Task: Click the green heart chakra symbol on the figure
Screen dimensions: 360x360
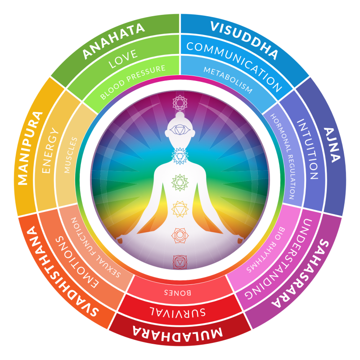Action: coord(180,182)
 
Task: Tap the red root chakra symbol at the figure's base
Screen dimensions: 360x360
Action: coord(180,261)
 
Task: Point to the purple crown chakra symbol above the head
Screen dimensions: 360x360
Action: coord(180,103)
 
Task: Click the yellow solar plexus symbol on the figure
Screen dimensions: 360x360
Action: coord(180,208)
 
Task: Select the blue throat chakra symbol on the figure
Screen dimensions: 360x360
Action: coord(180,155)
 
